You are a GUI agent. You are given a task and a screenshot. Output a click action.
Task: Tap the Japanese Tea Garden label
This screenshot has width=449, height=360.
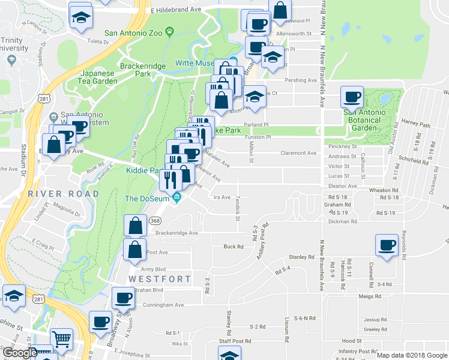98,77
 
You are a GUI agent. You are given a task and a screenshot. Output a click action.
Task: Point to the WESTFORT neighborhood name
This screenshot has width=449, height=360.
160,279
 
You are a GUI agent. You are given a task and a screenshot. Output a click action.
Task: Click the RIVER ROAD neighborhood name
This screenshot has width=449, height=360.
63,194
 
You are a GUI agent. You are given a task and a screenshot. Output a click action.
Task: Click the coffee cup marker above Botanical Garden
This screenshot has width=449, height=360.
352,97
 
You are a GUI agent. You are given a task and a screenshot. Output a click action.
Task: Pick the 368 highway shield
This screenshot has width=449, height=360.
154,220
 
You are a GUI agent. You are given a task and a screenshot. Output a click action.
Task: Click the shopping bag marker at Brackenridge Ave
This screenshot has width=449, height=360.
136,226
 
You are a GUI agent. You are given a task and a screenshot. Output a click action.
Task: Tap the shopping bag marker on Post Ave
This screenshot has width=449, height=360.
136,249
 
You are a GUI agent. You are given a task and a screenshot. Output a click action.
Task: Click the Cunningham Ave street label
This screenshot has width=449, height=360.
163,305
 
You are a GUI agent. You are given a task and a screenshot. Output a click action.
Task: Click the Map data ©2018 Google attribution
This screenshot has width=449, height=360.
412,355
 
